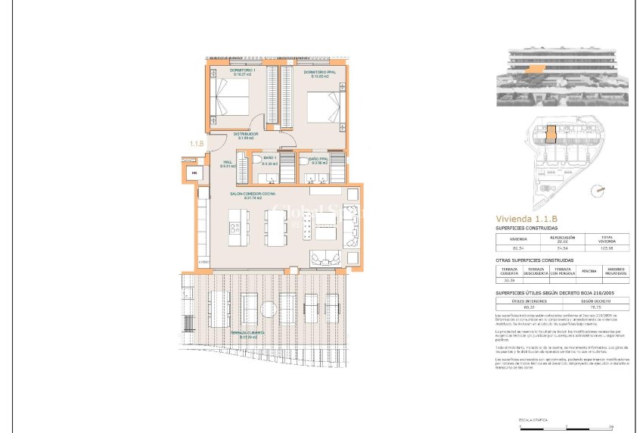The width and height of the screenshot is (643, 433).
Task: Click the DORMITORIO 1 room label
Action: (243, 73)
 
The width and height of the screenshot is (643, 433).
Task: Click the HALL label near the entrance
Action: (228, 164)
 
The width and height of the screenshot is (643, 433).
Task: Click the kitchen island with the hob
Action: (236, 226)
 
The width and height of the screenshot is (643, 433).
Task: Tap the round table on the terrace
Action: (268, 310)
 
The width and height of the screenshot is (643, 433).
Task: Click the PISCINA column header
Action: (589, 270)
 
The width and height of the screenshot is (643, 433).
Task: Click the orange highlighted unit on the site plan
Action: (551, 134)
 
